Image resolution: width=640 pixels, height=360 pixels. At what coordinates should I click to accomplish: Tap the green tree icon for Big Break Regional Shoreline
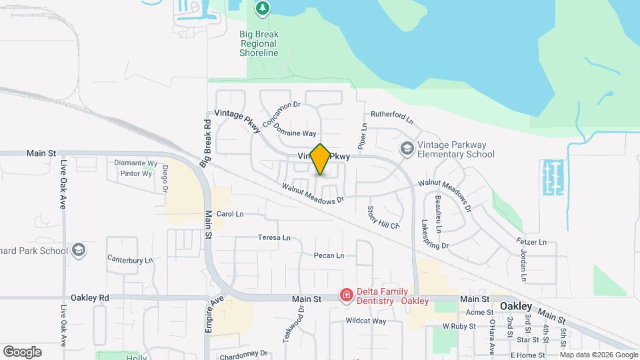tap(263, 9)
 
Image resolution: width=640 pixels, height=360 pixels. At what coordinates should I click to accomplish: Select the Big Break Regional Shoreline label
tap(259, 43)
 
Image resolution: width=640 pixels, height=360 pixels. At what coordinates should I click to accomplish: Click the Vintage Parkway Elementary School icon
tap(406, 149)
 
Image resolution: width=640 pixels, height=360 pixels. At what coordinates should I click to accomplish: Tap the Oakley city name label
tap(516, 306)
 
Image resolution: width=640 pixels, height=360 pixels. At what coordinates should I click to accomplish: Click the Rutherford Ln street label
tap(392, 118)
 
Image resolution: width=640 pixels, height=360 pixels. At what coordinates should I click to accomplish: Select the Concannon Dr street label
tap(282, 114)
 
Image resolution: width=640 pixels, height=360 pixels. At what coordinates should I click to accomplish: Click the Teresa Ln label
tap(275, 237)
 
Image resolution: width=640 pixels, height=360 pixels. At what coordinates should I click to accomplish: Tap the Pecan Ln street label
tap(329, 255)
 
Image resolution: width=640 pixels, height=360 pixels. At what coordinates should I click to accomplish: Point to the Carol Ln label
tap(230, 214)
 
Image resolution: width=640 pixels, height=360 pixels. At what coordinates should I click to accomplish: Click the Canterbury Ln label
tap(130, 259)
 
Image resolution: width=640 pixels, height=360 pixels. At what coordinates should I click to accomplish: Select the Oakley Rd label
tap(90, 297)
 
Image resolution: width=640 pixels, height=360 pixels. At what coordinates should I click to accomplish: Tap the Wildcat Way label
tap(365, 321)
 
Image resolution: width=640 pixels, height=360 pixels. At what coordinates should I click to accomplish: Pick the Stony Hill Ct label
tap(383, 217)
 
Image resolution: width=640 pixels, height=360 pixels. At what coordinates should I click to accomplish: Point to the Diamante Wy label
tap(135, 163)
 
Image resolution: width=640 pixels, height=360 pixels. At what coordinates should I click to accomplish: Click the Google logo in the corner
tap(22, 351)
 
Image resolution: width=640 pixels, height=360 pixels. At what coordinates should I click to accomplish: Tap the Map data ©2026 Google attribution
tap(599, 355)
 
